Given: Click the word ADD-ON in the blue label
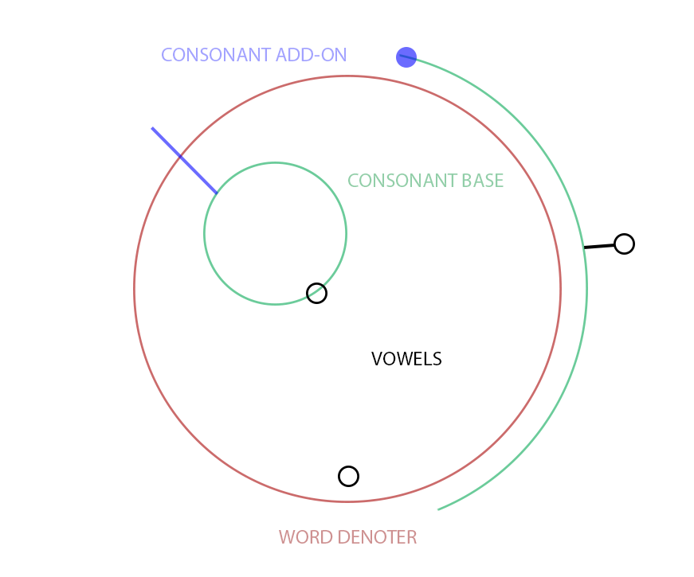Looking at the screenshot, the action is (x=311, y=55).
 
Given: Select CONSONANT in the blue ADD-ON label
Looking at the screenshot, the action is (x=216, y=55).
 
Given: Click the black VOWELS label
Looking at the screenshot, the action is (x=406, y=359).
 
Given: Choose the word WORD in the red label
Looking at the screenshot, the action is (x=305, y=537).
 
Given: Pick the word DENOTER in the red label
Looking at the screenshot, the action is (x=377, y=537).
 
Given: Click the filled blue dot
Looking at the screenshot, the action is (x=406, y=57).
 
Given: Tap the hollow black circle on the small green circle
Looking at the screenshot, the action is (x=316, y=293).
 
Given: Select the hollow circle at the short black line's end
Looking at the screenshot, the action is (x=624, y=244).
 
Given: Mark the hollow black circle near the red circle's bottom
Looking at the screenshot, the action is (x=348, y=476).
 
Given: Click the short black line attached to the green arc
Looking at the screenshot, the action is (x=599, y=246).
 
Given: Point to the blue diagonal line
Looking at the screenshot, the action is (x=185, y=161).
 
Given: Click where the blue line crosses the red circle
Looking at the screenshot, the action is (x=180, y=156).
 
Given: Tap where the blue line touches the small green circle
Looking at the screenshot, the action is (x=217, y=193).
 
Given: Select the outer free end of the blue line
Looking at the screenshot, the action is (x=152, y=128).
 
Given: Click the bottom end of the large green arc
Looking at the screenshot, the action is (x=438, y=510).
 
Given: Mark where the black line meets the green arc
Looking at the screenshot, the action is (x=584, y=248).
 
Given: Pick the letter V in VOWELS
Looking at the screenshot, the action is (x=377, y=359).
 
